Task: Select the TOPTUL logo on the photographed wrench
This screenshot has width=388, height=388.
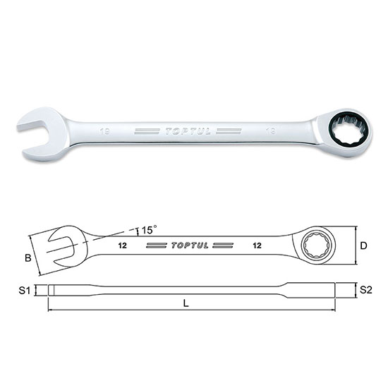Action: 188,131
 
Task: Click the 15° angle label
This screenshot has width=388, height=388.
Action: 147,230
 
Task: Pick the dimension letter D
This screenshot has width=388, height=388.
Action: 364,245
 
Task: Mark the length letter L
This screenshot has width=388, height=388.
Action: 186,303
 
